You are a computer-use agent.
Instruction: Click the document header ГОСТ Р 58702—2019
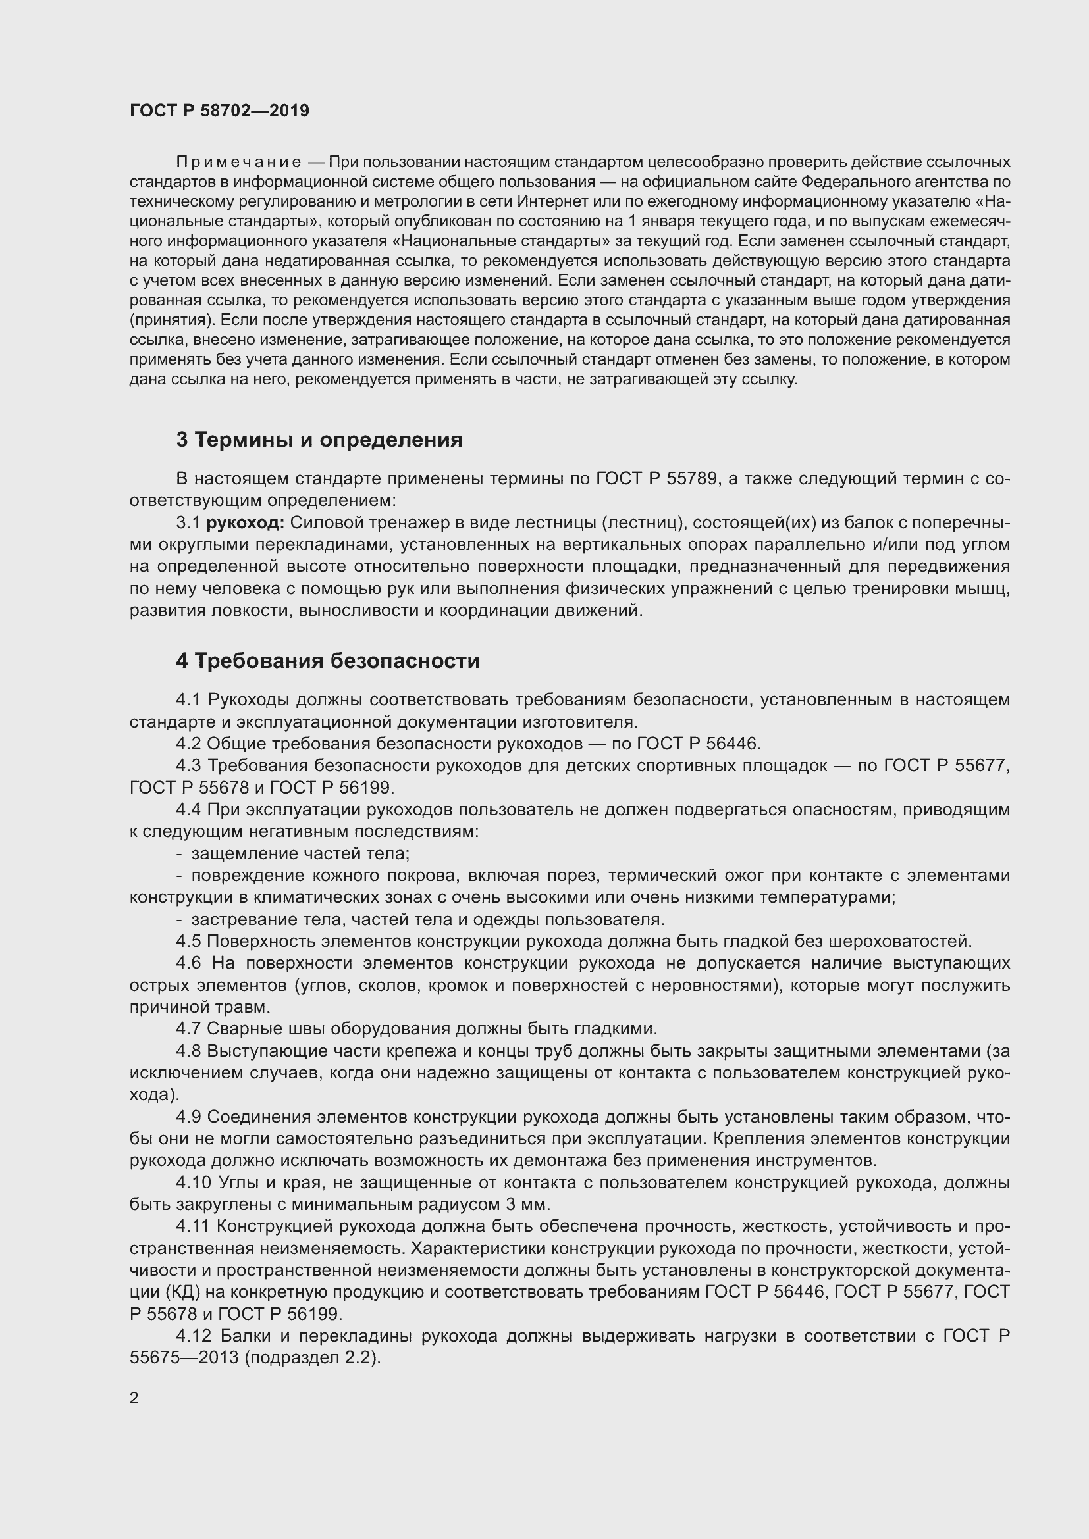pyautogui.click(x=219, y=111)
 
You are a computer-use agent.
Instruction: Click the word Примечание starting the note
pyautogui.click(x=238, y=163)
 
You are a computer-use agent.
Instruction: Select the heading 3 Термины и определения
pyautogui.click(x=319, y=440)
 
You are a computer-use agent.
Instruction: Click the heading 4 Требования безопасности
pyautogui.click(x=328, y=661)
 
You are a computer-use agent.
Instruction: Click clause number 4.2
pyautogui.click(x=188, y=744)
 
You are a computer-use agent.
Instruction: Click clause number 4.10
pyautogui.click(x=193, y=1182)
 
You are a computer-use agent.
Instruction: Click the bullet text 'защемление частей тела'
pyautogui.click(x=300, y=853)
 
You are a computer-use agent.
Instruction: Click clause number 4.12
pyautogui.click(x=193, y=1336)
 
